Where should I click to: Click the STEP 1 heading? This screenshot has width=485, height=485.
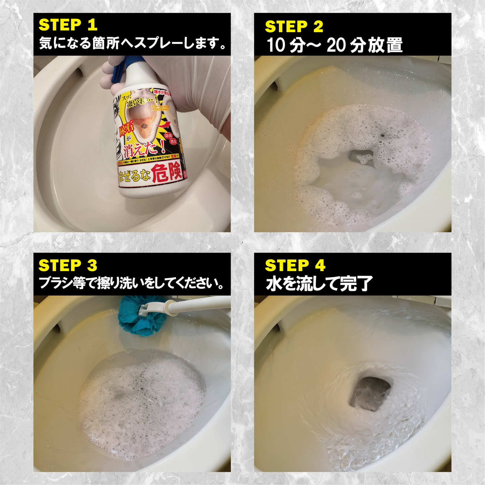68,25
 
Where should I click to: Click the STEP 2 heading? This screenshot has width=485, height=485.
294,27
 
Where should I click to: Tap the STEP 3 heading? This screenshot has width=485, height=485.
68,265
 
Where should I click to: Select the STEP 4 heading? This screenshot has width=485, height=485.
295,265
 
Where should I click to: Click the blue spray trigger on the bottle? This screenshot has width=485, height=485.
119,70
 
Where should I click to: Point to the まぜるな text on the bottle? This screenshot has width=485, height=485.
134,176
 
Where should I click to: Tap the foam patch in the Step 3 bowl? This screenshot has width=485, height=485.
141,403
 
